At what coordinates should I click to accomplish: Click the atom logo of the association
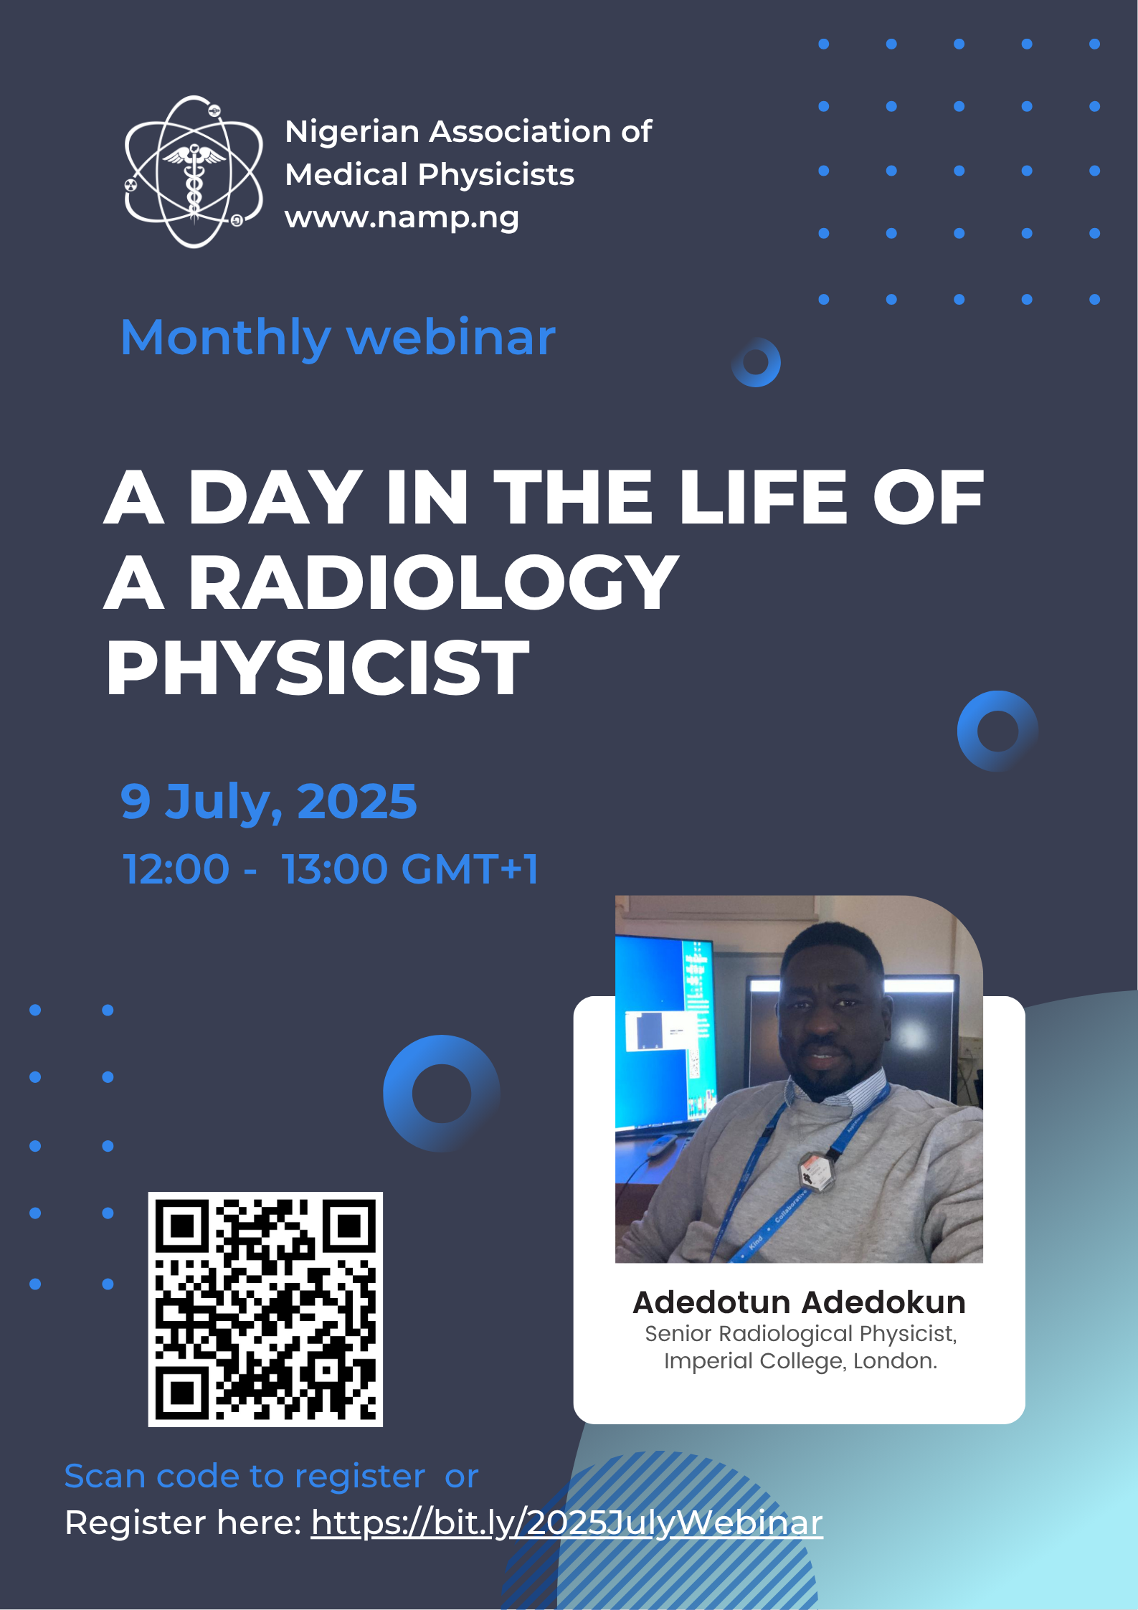coord(194,172)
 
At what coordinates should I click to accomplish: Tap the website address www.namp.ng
coord(402,217)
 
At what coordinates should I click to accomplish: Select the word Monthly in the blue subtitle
coord(225,338)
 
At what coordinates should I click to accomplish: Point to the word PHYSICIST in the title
coord(318,668)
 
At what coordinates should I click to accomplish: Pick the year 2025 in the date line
coord(356,801)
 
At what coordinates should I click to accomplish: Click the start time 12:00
coord(176,868)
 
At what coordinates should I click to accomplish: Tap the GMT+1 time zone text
coord(470,868)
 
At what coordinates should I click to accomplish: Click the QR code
coord(265,1309)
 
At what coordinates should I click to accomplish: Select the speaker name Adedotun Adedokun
coord(799,1302)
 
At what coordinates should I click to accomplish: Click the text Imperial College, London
coord(800,1360)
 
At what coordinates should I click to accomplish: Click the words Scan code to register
coord(245,1477)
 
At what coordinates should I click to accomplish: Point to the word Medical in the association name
coord(346,174)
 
